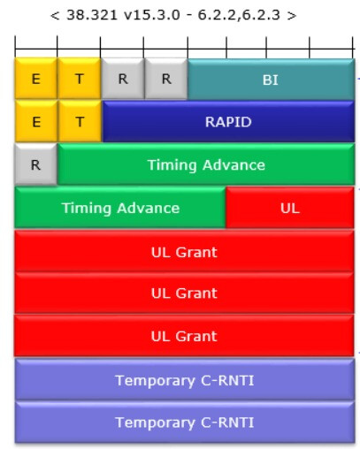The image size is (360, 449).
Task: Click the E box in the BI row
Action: coord(36,79)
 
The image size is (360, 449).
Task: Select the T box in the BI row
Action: coord(79,79)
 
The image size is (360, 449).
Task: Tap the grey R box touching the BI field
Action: coord(166,79)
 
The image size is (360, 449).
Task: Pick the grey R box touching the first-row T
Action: coord(123,79)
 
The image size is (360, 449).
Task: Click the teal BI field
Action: coord(271,80)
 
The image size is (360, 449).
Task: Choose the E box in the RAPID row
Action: coord(36,121)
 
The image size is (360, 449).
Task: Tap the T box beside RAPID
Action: coord(80,121)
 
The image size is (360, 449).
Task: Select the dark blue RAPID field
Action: coord(228,122)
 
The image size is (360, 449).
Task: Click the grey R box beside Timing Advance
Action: coord(35,164)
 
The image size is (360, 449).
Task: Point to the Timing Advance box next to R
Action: coord(206,164)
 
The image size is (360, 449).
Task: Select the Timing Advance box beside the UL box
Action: coord(120,208)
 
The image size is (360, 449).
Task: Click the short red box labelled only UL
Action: coord(290,208)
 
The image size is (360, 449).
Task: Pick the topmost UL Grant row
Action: coord(185,251)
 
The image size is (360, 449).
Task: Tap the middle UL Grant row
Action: coord(185,293)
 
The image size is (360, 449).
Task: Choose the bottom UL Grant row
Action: coord(185,336)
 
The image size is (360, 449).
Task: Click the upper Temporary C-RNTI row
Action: coord(185,379)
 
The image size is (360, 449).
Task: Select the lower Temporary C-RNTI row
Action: coord(185,422)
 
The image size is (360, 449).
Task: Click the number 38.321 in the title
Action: coord(92,15)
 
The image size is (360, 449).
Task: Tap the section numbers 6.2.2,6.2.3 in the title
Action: coord(239,15)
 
